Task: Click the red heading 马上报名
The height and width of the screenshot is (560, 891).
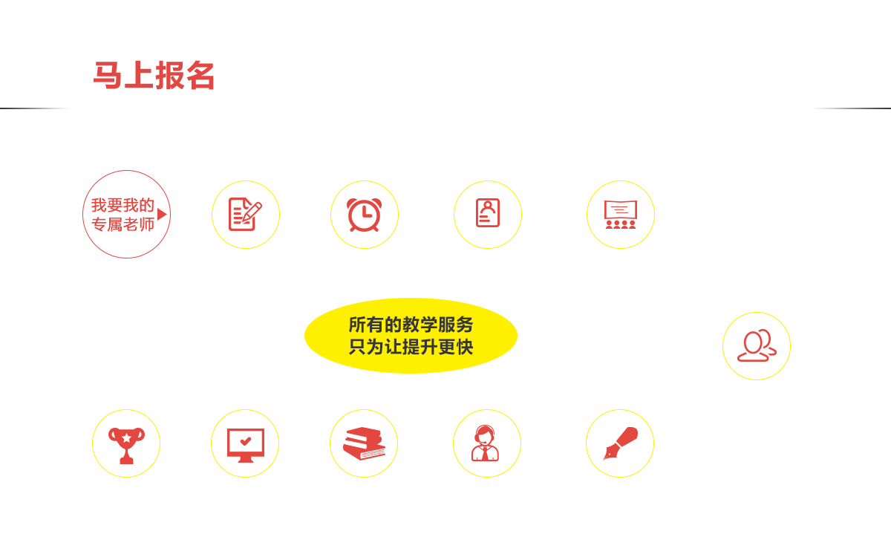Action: [x=154, y=75]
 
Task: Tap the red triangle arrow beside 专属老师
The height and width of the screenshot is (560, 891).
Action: [x=162, y=214]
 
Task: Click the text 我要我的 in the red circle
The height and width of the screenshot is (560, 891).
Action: [x=123, y=205]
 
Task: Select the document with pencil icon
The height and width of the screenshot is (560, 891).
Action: [x=245, y=214]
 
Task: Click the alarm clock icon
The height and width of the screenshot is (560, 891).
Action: [x=364, y=215]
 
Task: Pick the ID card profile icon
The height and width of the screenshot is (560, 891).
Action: [x=488, y=213]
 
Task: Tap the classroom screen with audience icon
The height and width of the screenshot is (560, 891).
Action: [x=621, y=215]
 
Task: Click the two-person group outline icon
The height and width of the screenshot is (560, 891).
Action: [x=757, y=345]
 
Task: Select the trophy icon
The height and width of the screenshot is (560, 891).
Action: [x=126, y=446]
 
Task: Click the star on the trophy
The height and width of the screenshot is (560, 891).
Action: [x=126, y=437]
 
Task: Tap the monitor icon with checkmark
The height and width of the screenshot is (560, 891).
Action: [x=246, y=445]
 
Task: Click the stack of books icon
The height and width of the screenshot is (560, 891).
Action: [x=364, y=444]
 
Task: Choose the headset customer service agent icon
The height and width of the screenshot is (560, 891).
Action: [x=486, y=443]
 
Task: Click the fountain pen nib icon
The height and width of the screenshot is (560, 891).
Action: [x=620, y=443]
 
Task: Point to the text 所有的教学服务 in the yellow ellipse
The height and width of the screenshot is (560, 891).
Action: [x=411, y=325]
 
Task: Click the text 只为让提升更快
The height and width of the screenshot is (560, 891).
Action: [x=411, y=347]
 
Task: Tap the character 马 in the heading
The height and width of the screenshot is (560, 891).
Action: [x=108, y=75]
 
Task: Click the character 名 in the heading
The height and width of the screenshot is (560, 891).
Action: [x=200, y=75]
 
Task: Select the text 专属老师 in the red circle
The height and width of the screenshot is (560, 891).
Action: [x=123, y=224]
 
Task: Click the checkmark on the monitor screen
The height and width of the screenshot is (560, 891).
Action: [x=246, y=441]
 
